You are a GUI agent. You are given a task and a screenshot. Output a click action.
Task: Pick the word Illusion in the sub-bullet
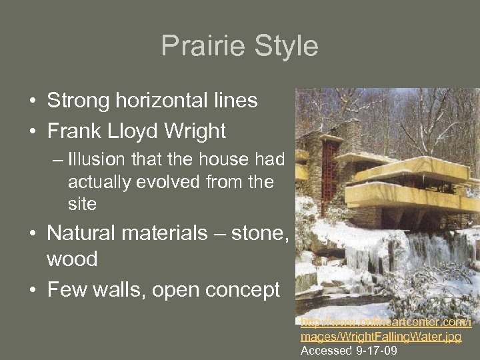98,159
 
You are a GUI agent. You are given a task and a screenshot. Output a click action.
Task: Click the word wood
71,259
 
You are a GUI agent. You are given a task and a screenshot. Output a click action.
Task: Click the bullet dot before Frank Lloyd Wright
32,132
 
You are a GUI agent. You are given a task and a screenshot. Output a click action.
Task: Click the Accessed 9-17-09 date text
349,350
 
